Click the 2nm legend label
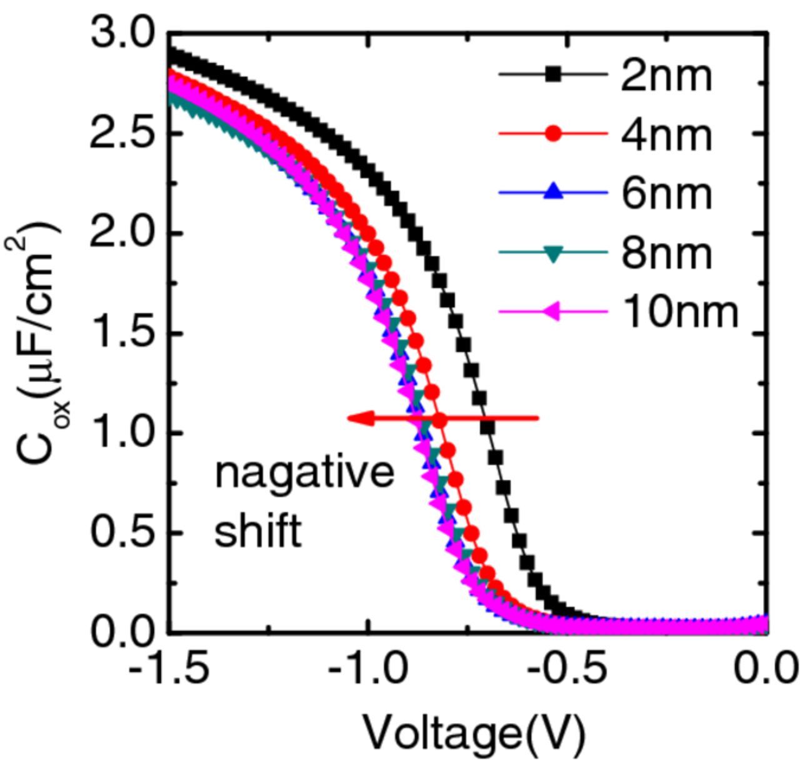(x=666, y=76)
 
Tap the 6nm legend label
(x=666, y=194)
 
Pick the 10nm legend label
(x=681, y=311)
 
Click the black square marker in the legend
(x=553, y=74)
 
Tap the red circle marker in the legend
(x=553, y=133)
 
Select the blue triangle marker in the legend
(x=553, y=192)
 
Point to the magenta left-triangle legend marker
(x=553, y=311)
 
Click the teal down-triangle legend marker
(x=553, y=252)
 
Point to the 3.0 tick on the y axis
(x=122, y=32)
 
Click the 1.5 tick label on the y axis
(x=122, y=332)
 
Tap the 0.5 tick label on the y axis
(x=122, y=532)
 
